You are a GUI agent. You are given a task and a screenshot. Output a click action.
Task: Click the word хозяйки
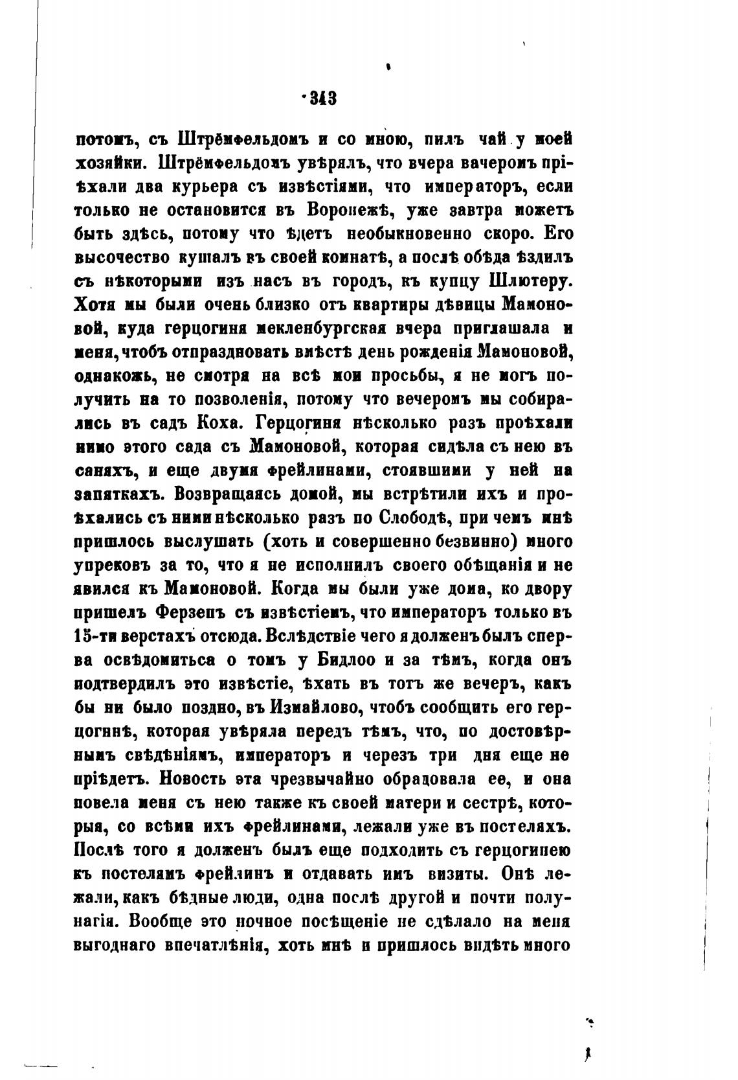(111, 162)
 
